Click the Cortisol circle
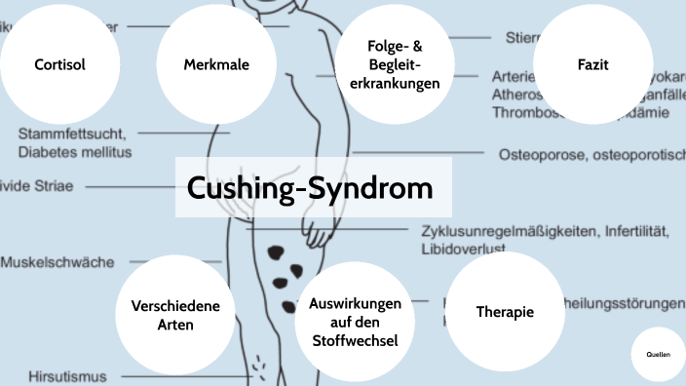[59, 65]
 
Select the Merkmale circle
[216, 65]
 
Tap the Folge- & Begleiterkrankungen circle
[395, 65]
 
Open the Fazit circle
[592, 65]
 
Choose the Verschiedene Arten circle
[175, 314]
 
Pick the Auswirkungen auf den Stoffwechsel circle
[354, 321]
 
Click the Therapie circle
[505, 312]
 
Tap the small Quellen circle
[658, 356]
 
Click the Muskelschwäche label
[58, 262]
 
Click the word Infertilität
[632, 231]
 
